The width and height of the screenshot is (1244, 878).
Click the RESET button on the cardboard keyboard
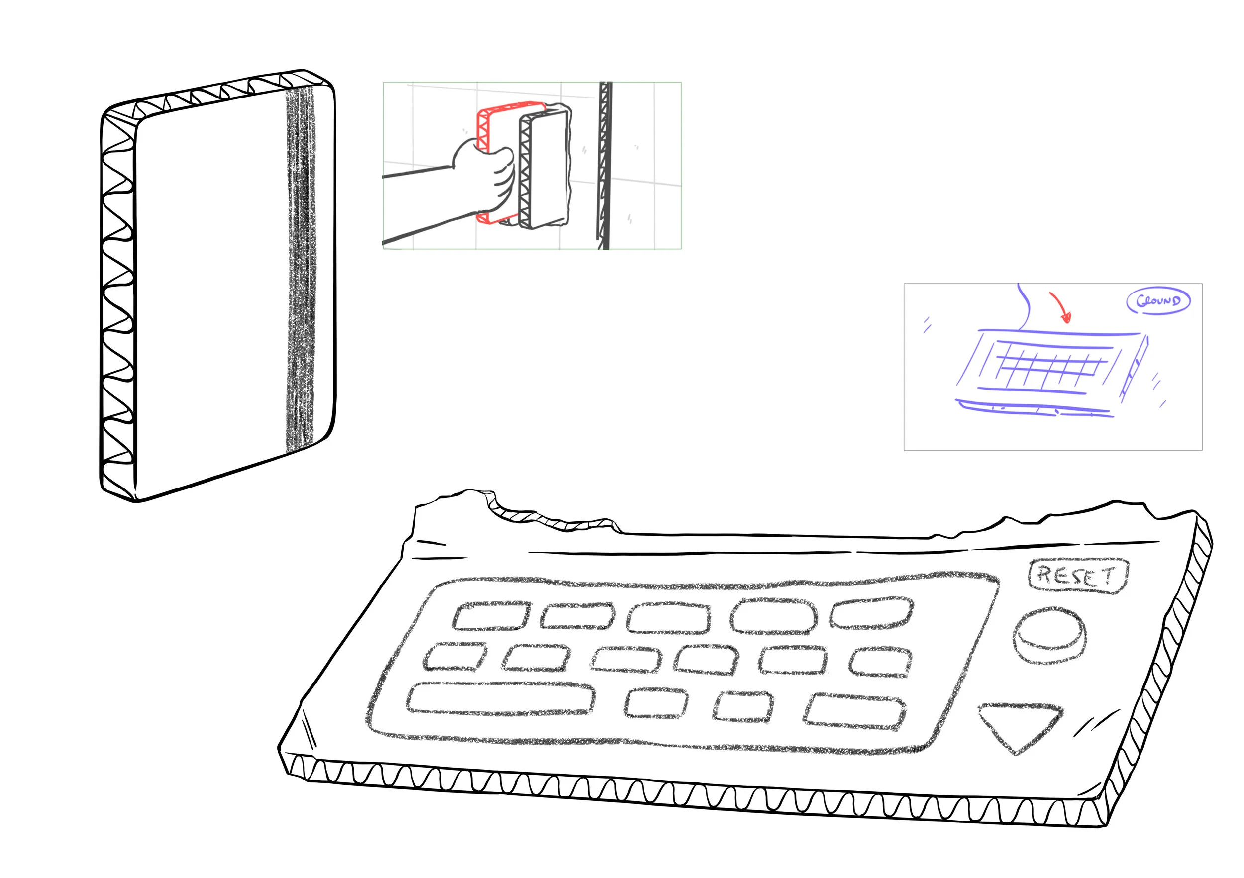pos(1077,576)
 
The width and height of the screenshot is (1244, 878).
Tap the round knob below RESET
pos(1049,635)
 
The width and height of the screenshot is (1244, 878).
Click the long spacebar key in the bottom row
pos(500,699)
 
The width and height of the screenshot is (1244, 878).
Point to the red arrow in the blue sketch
pos(1060,307)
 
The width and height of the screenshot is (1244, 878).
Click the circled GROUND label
pos(1158,301)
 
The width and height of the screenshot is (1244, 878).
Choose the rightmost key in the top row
pos(872,613)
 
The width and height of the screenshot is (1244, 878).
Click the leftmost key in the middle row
pos(455,657)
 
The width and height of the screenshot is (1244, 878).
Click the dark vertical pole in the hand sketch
pos(605,165)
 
